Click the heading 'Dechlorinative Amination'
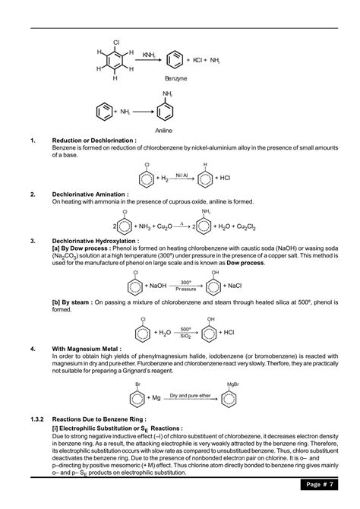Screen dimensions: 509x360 pyautogui.click(x=90, y=194)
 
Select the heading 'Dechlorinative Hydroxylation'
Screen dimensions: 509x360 pyautogui.click(x=95, y=240)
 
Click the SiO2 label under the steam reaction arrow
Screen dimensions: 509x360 pyautogui.click(x=185, y=337)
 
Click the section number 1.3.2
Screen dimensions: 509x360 pyautogui.click(x=39, y=418)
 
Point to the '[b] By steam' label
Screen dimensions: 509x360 pyautogui.click(x=70, y=302)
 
